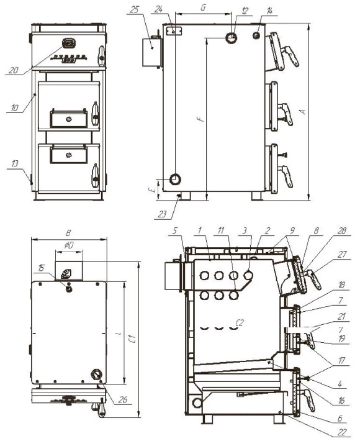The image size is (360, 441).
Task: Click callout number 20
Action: point(14,70)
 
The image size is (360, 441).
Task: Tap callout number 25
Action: point(135,10)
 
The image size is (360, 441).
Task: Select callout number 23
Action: point(162,214)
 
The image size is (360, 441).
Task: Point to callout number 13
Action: point(15,163)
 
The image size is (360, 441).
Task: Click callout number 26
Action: point(123,399)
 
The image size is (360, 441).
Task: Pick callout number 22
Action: point(342,432)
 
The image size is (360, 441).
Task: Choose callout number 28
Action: point(342,230)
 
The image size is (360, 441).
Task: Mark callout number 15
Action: point(42,268)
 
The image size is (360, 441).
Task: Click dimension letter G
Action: point(203,7)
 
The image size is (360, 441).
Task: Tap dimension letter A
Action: point(303,111)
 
